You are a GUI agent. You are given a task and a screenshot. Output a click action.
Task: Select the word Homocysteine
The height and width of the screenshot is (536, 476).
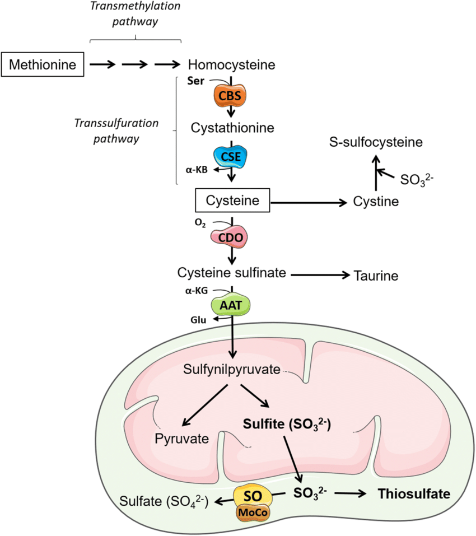(232, 64)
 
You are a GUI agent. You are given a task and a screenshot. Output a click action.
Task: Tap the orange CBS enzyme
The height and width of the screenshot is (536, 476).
(230, 95)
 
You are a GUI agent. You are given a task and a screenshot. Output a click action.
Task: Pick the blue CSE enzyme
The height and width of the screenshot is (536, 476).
(230, 157)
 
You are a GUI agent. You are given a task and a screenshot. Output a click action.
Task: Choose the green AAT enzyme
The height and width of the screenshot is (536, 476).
(230, 306)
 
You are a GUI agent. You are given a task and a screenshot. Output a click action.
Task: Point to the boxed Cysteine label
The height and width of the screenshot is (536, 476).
(232, 200)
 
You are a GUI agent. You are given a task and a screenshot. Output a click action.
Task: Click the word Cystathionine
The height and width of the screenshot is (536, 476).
(232, 128)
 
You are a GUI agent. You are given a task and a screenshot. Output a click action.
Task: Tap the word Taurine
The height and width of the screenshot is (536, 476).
(376, 275)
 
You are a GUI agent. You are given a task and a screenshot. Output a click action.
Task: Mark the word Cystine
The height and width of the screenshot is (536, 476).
(376, 201)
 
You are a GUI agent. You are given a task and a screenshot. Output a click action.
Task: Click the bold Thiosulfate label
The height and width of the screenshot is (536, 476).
(414, 493)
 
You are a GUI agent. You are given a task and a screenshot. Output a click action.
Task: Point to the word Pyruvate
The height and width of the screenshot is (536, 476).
(181, 437)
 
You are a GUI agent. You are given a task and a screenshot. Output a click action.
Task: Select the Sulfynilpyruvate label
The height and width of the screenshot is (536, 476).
(232, 370)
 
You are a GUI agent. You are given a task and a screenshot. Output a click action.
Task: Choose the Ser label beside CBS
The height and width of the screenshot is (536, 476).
(199, 80)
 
